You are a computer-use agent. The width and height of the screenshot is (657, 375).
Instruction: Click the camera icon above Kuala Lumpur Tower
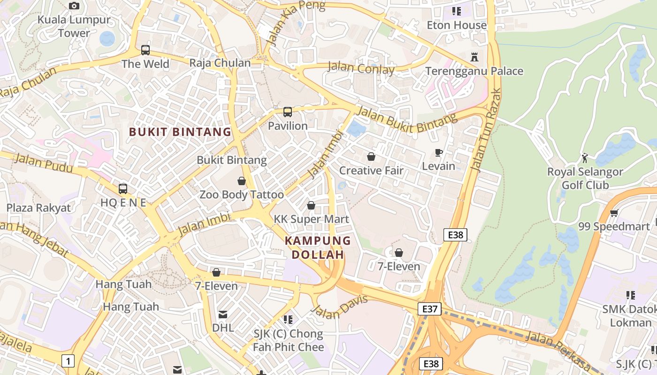[x=74, y=6]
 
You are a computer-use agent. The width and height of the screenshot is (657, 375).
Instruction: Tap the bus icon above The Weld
[x=145, y=50]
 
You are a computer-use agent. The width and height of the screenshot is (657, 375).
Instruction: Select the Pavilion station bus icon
[x=288, y=112]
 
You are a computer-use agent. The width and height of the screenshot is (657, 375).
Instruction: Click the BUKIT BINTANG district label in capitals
[x=180, y=132]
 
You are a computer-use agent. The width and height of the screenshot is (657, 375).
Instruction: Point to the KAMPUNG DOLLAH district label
[x=318, y=247]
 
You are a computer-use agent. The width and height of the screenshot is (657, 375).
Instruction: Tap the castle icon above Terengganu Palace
[x=474, y=57]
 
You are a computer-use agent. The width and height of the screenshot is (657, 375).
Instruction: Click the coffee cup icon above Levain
[x=439, y=152]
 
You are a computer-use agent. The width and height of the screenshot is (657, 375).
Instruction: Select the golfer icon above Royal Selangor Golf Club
[x=585, y=158]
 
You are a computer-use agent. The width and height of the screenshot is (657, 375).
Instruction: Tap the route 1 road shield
[x=68, y=361]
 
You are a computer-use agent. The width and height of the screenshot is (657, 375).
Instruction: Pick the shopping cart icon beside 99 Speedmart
[x=614, y=213]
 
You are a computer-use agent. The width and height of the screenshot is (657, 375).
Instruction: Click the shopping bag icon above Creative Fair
[x=371, y=157]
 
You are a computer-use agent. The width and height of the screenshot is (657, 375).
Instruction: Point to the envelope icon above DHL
[x=223, y=314]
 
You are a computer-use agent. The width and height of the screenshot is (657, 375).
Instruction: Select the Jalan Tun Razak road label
[x=486, y=130]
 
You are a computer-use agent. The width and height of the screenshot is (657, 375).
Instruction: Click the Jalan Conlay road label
[x=361, y=68]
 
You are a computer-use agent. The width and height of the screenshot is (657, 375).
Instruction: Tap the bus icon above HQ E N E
[x=123, y=189]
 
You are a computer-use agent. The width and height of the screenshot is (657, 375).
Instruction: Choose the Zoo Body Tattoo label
[x=242, y=195]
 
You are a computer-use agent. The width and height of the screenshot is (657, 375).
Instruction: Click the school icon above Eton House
[x=456, y=11]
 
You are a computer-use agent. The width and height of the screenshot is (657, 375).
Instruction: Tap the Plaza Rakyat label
[x=38, y=208]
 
